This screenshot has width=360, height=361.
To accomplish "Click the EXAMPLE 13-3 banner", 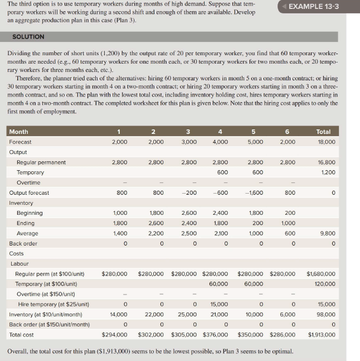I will pos(314,7).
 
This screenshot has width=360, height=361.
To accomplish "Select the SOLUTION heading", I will pos(28,36).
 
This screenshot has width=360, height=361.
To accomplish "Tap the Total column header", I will pos(323,132).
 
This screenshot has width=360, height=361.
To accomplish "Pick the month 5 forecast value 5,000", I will pos(254,142).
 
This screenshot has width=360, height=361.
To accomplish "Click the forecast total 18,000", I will pos(325,142).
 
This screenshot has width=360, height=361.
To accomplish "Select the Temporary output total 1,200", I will pos(327,172).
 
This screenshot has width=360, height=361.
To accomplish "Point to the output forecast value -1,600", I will pos(253,192).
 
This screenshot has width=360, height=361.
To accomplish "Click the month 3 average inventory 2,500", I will pos(189,233).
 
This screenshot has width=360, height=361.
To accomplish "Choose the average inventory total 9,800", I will pos(327,233).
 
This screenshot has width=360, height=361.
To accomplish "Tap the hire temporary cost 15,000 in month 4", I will pos(218,304).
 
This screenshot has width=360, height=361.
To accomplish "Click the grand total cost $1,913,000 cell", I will pos(321,335).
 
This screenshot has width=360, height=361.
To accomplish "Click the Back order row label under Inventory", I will pos(23,243).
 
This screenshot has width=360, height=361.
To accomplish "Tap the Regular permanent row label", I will pos(41,162).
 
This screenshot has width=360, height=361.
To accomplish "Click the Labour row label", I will pos(20,263).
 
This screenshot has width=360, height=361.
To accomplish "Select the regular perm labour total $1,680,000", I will pos(321,274).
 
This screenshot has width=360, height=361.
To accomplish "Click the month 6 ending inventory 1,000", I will pos(289,223).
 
